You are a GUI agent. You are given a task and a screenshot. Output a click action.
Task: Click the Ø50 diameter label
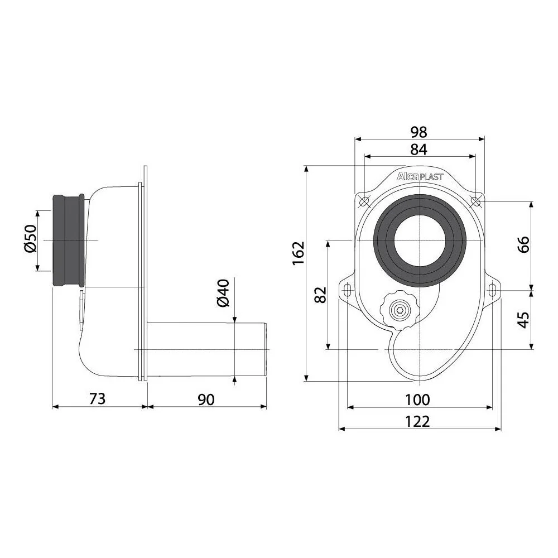point(31,238)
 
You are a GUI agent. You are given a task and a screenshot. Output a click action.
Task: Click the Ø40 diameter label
point(223,293)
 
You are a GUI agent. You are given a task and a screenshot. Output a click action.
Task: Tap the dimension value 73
point(97,398)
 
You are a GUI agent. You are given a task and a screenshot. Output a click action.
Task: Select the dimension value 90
point(206,400)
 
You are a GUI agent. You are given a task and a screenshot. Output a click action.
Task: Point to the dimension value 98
point(419,132)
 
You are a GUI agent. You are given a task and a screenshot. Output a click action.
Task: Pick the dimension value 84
point(419,149)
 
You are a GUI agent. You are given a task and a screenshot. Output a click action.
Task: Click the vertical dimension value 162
point(299,253)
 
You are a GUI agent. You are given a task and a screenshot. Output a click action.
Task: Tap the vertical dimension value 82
point(321,295)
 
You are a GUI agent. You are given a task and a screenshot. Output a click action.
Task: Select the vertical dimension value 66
point(523,244)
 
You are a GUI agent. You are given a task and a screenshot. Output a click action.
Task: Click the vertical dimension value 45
point(523,319)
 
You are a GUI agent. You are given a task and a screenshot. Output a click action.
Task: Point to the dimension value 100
point(418,400)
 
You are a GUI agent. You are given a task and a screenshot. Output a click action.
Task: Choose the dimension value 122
point(418,421)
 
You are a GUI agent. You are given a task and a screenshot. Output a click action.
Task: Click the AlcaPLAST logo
point(420,176)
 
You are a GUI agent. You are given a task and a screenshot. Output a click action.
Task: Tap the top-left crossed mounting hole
point(364,201)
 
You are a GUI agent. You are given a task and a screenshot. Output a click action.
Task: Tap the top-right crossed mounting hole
point(475,201)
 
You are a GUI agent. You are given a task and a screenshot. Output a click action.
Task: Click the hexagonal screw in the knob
point(399,310)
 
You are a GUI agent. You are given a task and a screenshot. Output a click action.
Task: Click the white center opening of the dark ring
point(420,240)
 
